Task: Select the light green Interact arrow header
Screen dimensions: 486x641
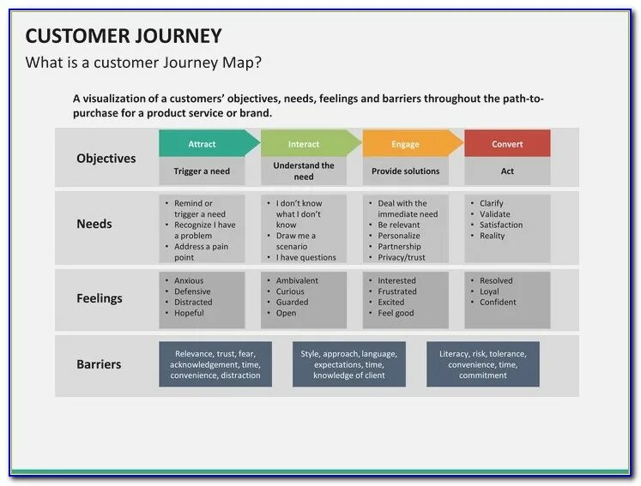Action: click(x=305, y=144)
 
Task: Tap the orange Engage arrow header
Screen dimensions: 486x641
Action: click(x=407, y=144)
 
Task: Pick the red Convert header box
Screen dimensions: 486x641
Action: click(x=507, y=144)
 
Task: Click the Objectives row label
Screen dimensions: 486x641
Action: click(x=106, y=159)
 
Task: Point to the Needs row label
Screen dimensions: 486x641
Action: click(x=94, y=224)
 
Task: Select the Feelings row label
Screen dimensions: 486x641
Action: click(x=100, y=298)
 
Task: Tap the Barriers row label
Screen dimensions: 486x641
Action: click(x=99, y=364)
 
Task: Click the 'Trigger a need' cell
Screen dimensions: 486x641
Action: click(x=202, y=171)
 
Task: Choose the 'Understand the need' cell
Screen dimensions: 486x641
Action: click(x=304, y=171)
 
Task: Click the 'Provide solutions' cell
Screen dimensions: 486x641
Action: click(x=405, y=171)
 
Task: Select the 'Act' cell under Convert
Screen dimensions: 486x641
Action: click(x=507, y=171)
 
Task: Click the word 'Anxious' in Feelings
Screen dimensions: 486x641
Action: click(x=189, y=281)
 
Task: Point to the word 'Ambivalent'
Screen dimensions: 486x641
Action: click(x=297, y=281)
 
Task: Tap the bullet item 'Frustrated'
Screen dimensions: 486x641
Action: click(x=397, y=291)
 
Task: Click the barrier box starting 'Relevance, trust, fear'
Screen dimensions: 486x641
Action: click(x=215, y=364)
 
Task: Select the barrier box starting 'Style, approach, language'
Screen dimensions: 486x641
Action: click(x=349, y=364)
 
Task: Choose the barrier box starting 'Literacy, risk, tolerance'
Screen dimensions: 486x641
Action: click(x=483, y=364)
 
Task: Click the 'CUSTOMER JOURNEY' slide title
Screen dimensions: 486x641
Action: click(x=124, y=36)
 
